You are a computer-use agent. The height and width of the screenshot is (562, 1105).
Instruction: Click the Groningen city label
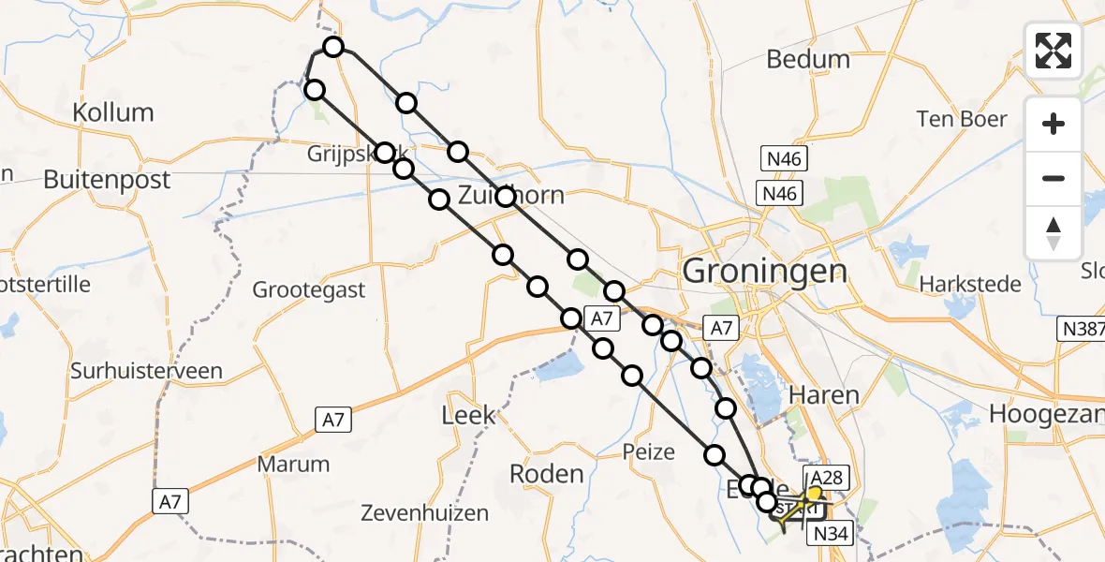coord(765,272)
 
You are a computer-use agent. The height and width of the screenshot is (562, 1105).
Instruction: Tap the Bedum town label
coord(808,59)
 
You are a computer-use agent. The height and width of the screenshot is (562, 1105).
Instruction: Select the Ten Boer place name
coord(963,119)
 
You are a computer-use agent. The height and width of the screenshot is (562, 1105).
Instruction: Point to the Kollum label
coord(113,112)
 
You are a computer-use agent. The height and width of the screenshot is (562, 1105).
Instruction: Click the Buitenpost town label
coord(108,179)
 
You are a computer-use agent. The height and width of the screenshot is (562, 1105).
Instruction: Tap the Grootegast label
coord(309,290)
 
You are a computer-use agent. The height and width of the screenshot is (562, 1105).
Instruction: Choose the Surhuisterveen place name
coord(147,371)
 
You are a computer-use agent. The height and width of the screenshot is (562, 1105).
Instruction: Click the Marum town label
coord(295,464)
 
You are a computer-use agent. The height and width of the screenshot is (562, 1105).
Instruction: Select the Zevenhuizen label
coord(425,512)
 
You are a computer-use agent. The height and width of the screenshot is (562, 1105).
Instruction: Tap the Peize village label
coord(648,452)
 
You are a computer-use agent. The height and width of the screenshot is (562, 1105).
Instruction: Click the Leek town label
coord(468,416)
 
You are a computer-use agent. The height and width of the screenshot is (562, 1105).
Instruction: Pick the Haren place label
coord(825,395)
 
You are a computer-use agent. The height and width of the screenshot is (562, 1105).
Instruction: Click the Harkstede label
coord(970,284)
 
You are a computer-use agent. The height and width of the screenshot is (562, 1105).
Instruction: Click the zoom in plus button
coord(1053,124)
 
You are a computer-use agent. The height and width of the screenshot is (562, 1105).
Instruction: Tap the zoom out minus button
coord(1053,178)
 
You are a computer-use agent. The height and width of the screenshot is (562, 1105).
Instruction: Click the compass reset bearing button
coord(1053,232)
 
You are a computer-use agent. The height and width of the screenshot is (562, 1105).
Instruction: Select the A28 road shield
coord(825,478)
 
